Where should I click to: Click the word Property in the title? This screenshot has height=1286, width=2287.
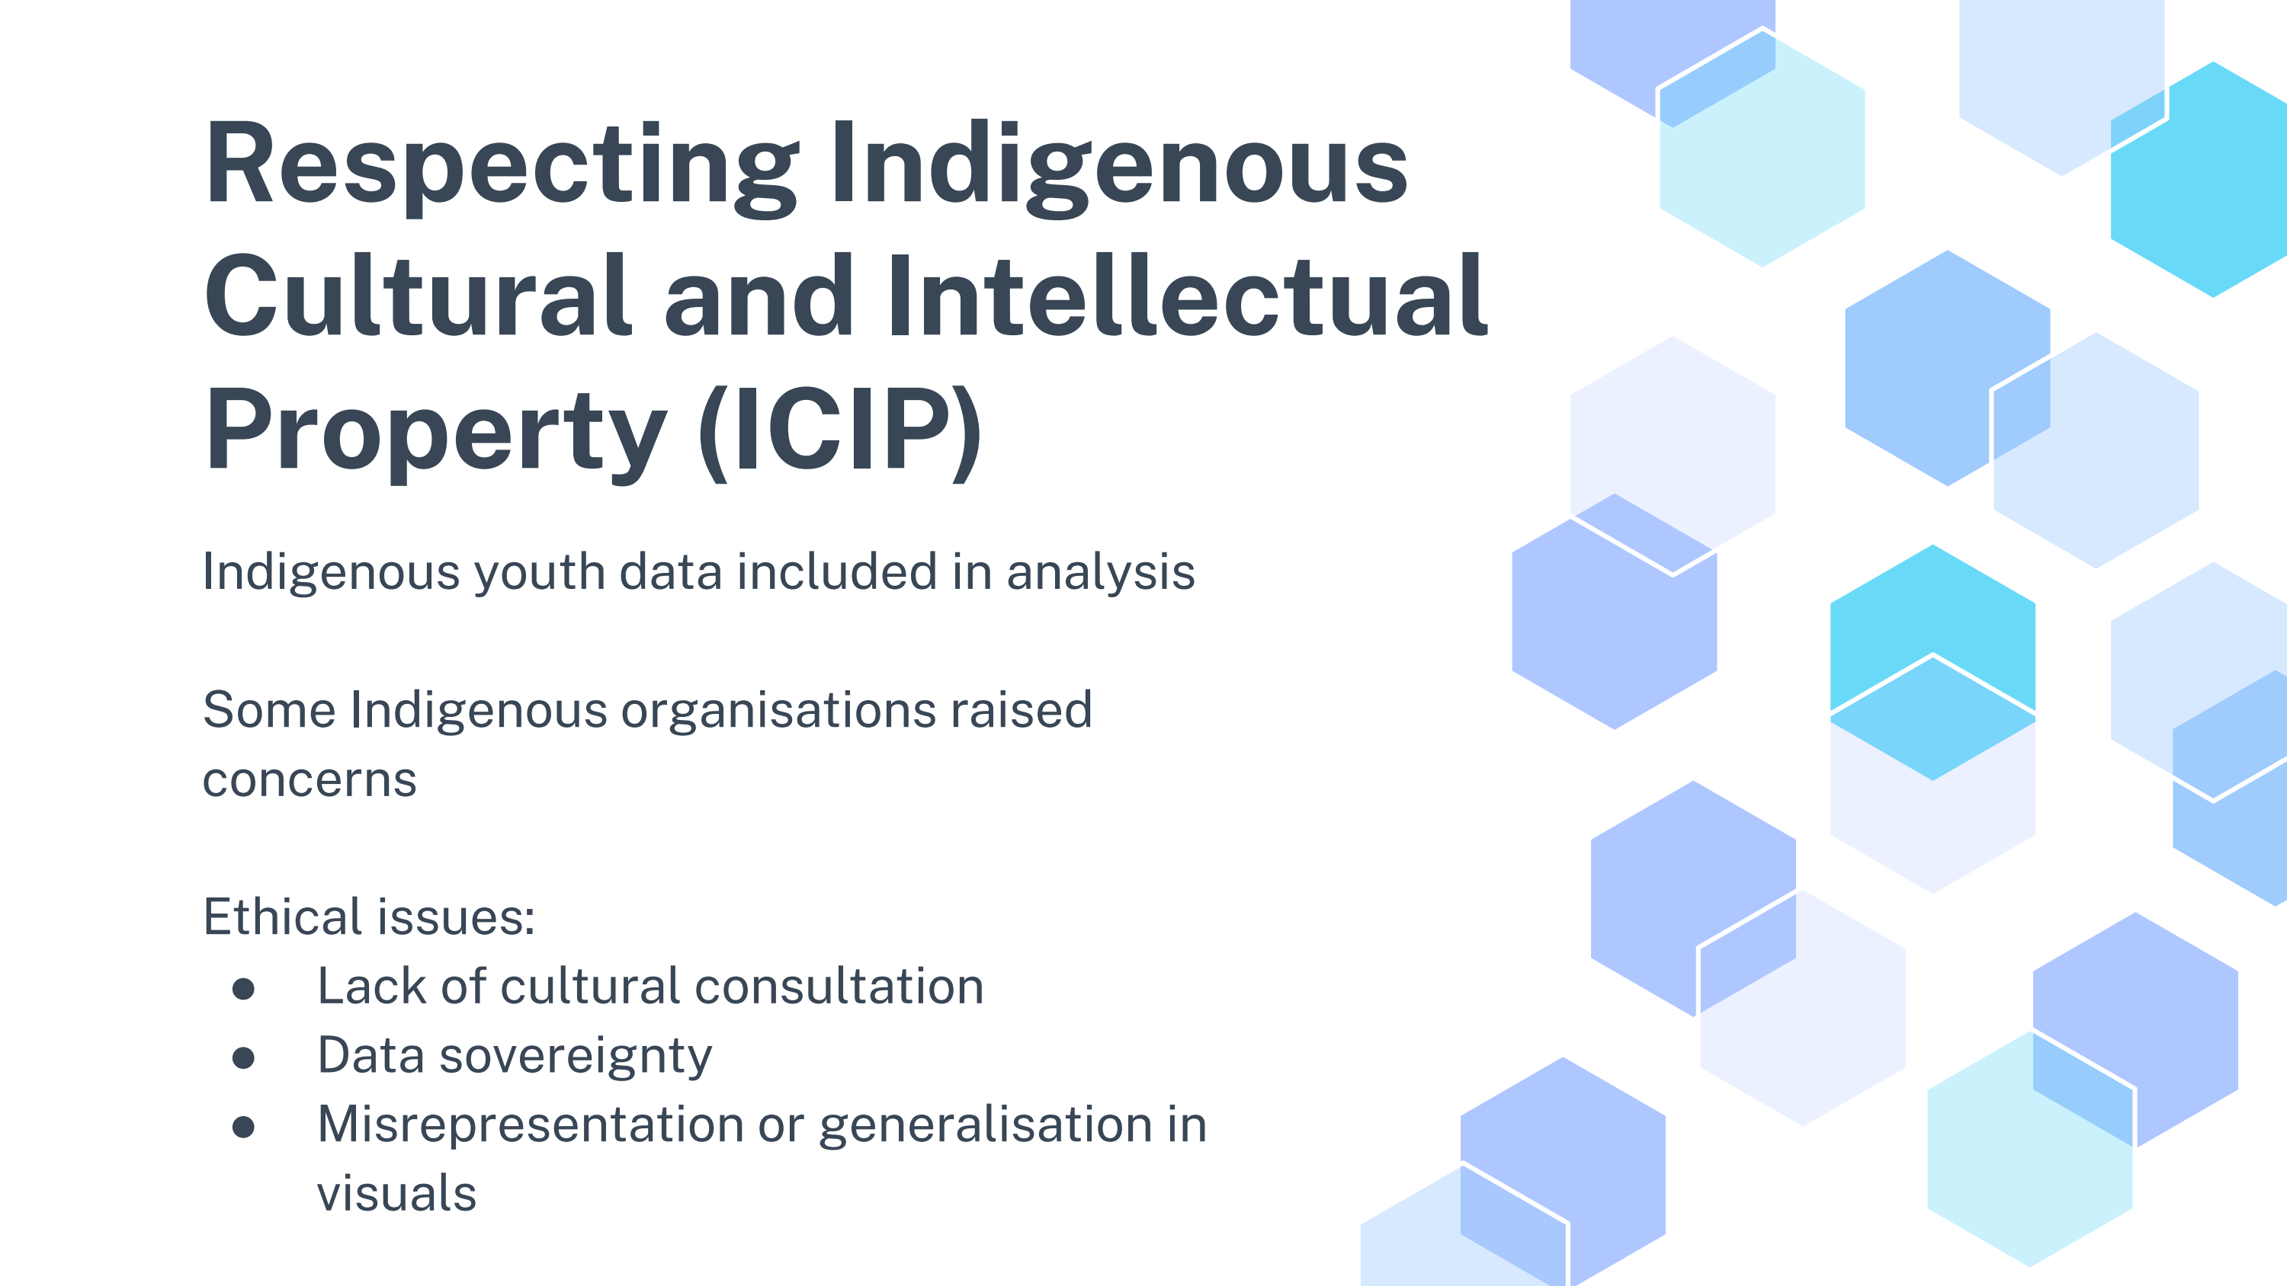pos(436,433)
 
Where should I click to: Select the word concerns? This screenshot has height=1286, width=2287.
pos(310,781)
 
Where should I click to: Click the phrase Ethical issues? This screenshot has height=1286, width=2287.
pos(369,916)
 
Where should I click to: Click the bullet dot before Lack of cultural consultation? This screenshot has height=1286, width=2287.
pos(243,989)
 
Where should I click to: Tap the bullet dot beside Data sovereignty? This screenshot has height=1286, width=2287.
pos(243,1058)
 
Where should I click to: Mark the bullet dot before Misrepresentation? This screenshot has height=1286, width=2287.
pos(243,1127)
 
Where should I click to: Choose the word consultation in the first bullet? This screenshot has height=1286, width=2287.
pos(839,986)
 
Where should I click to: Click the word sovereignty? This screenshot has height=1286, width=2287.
pos(576,1057)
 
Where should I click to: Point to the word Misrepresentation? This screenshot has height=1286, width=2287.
pos(531,1126)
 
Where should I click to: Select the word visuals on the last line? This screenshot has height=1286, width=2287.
pos(397,1194)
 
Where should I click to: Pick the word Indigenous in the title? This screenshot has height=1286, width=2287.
pos(1118,167)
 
